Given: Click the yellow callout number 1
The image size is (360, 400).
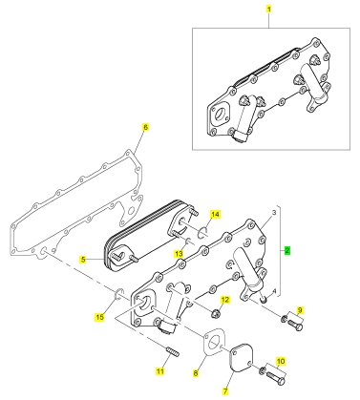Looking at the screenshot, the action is [269, 9].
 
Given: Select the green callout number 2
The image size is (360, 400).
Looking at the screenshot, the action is [287, 250].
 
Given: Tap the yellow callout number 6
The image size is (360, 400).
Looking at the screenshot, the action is [145, 127].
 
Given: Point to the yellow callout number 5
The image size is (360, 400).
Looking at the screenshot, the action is [83, 260].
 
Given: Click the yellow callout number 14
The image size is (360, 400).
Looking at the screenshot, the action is [216, 215].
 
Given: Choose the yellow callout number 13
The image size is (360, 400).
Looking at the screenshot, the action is [180, 254].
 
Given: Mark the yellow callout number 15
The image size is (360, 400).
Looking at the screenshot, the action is [100, 317].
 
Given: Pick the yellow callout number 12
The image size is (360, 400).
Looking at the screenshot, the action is [225, 300].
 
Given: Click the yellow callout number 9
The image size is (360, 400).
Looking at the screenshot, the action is [300, 309].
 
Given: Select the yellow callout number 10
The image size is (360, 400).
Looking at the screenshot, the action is [281, 362].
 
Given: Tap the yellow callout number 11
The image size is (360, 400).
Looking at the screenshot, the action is [160, 371].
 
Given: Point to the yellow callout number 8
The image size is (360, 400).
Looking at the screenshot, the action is [196, 372].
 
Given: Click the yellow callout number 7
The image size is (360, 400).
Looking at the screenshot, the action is [225, 391].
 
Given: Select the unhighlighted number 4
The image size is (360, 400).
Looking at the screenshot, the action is [274, 290].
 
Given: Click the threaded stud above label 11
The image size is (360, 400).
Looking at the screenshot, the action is [173, 352].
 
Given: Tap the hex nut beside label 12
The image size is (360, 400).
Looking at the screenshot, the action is [216, 313].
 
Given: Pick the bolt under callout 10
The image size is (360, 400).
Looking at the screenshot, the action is [276, 378].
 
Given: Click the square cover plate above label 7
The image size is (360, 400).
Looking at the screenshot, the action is [241, 357].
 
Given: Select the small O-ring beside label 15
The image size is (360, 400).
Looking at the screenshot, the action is [118, 294].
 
